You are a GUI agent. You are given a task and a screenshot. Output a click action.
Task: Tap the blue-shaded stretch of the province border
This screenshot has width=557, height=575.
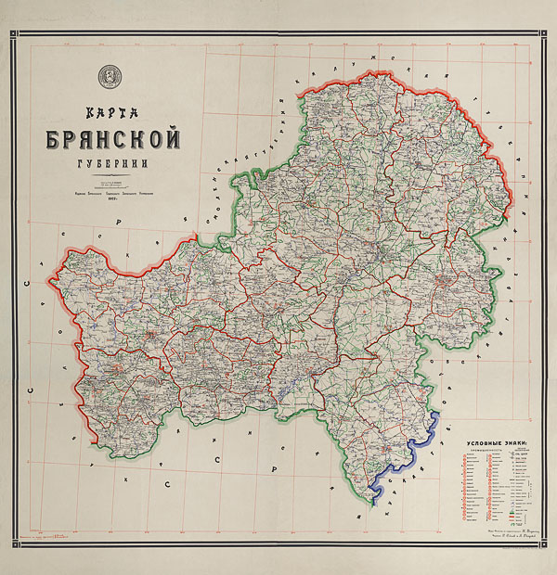point(408,454)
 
